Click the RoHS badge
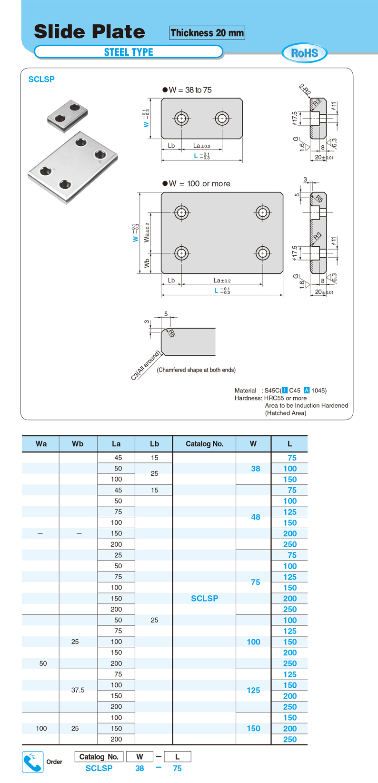coord(304,53)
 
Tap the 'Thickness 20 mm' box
coord(207,33)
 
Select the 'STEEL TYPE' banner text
coord(129,52)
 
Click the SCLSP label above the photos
coord(41,80)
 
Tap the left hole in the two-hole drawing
coord(181,118)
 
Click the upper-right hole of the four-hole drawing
coord(262,212)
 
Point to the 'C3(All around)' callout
coord(145,365)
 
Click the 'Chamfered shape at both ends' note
coord(196,370)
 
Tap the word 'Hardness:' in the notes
coord(248,398)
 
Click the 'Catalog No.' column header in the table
coord(204,444)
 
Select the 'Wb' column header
coord(78,444)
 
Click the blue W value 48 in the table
coord(255,517)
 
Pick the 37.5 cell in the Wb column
coord(78,690)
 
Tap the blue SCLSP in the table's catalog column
coord(204,599)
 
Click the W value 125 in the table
coord(253,690)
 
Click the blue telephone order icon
coord(33,762)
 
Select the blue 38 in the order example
coord(139,768)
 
